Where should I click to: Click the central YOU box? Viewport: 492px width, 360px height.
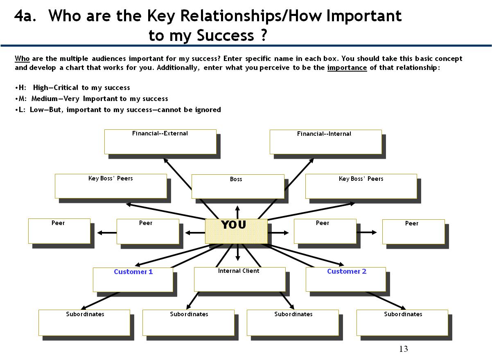coord(236,231)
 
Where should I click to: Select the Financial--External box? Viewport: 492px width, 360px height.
coord(160,142)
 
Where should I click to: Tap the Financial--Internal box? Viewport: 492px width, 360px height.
coord(326,142)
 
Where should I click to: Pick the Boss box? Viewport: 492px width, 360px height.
coord(238,187)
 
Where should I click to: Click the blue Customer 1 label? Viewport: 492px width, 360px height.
coord(133,272)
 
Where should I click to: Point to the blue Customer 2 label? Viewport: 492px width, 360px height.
coord(347,271)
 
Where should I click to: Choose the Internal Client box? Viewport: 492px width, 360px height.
coord(239,279)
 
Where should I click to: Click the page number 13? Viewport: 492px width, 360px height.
coord(404,349)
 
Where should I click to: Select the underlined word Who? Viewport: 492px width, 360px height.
coord(22,59)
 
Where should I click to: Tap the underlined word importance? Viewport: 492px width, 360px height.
coord(347,68)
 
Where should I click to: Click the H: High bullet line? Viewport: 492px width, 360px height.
coord(73,88)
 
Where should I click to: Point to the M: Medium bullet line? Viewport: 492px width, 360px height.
coord(92,99)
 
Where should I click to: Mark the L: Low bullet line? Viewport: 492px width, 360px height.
coord(118,110)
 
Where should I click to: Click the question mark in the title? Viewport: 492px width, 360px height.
coord(264,35)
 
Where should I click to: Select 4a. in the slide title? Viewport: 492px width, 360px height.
coord(25,16)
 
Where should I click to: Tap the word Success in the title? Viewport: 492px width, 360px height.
coord(226,35)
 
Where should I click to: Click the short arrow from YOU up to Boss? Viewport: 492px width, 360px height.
coord(237,212)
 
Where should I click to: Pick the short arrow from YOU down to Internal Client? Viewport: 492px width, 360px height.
coord(238,252)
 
